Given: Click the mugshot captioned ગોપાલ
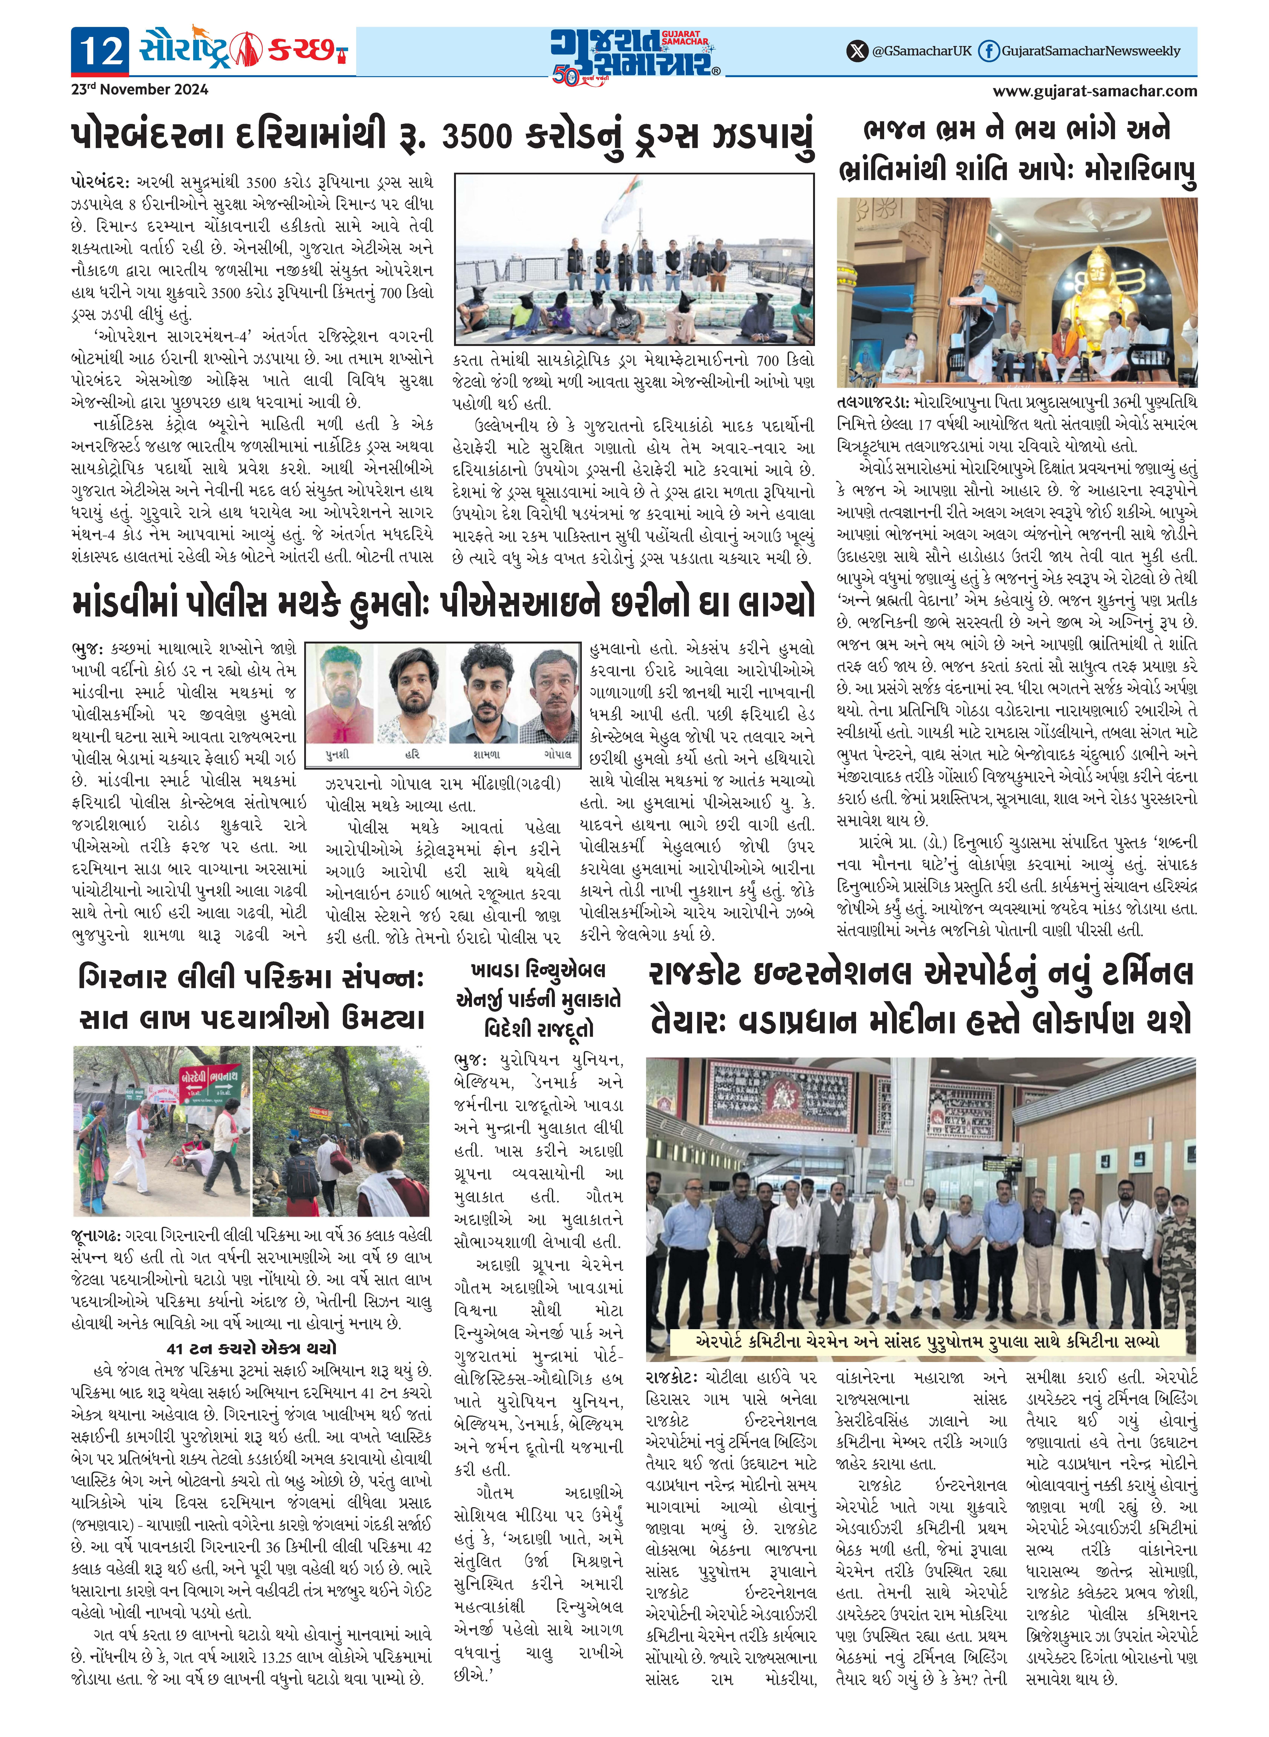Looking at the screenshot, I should coord(553,695).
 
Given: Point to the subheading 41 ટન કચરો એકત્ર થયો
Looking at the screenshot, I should coord(251,1348).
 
